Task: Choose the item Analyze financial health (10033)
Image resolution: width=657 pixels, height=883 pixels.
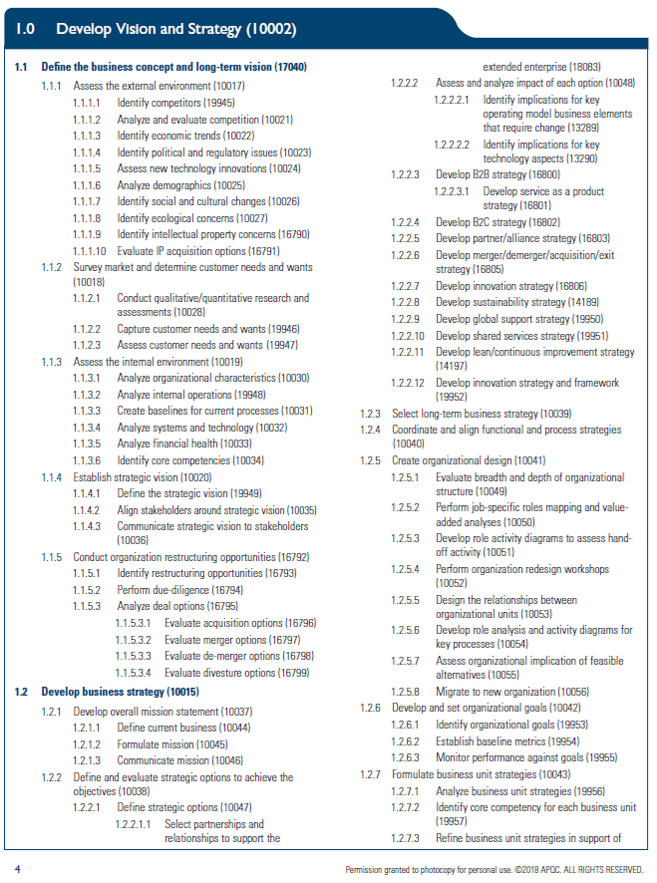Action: (x=183, y=443)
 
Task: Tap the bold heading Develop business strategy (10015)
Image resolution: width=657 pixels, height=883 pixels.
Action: (x=120, y=691)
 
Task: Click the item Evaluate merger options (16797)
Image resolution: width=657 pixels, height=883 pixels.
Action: (x=232, y=640)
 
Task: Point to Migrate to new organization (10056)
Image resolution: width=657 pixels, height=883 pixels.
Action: (x=511, y=692)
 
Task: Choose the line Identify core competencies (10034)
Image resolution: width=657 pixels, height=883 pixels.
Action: (x=190, y=460)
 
